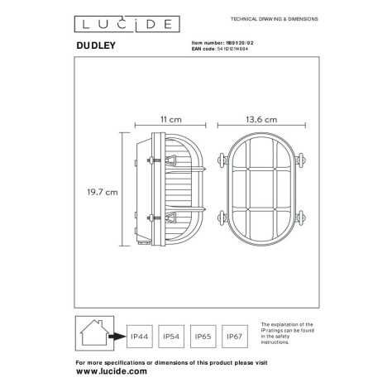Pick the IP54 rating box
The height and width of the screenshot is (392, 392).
point(171,337)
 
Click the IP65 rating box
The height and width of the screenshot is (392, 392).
point(203,337)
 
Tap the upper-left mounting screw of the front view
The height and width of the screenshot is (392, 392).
point(223,160)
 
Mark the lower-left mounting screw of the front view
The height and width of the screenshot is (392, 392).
point(223,219)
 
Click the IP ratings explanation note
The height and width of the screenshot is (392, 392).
point(288,337)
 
